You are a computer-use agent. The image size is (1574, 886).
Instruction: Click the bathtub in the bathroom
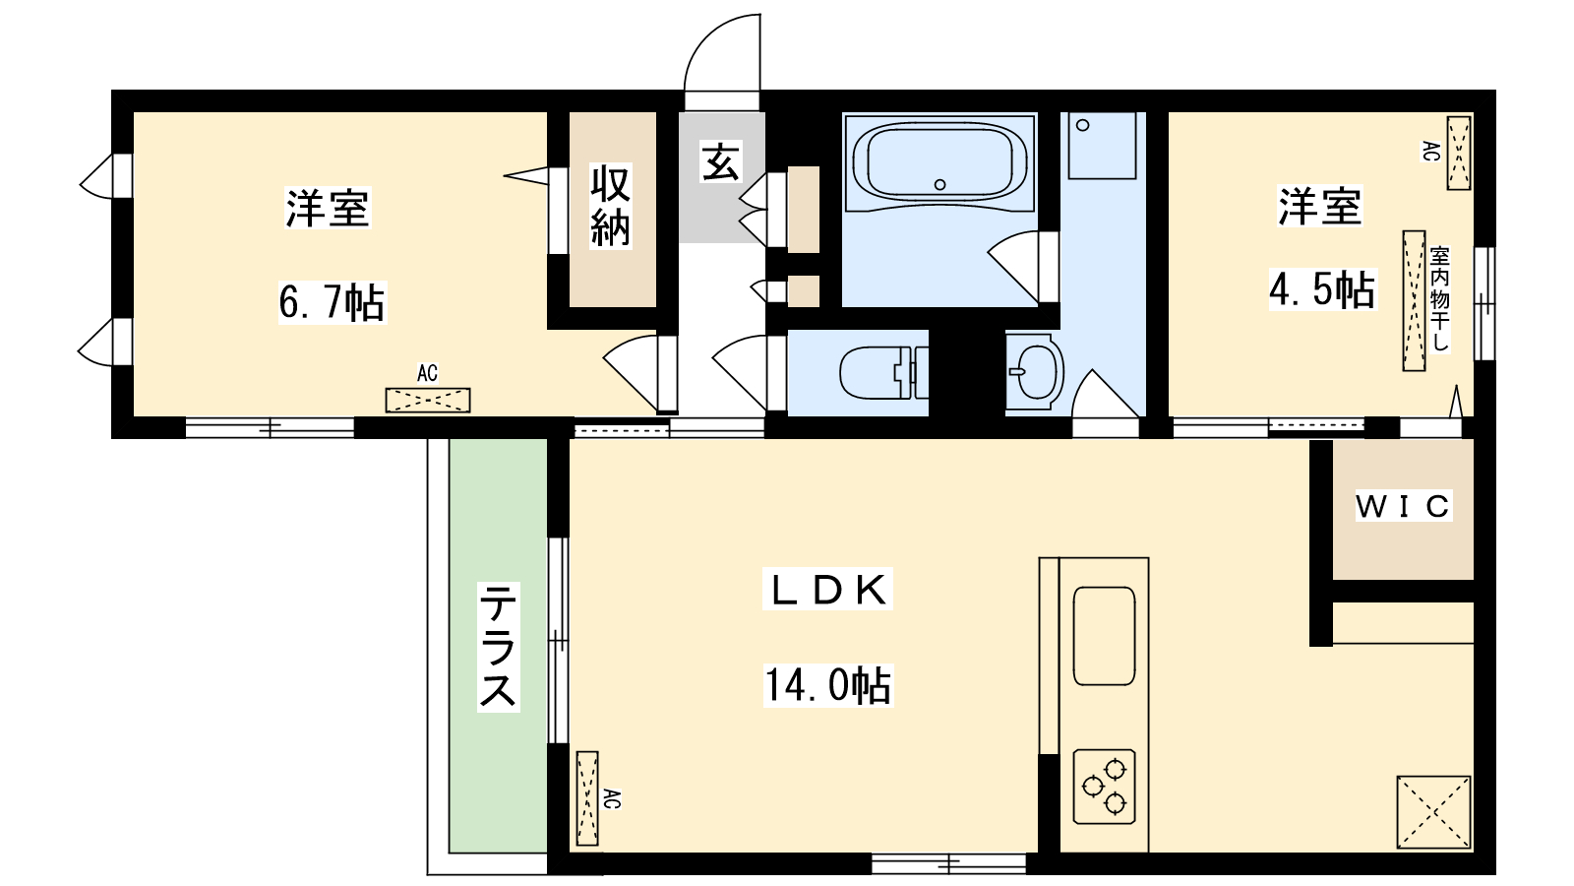pyautogui.click(x=939, y=161)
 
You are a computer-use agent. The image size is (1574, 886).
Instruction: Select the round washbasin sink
pyautogui.click(x=1034, y=372)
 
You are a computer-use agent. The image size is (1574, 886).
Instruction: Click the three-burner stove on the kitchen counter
pyautogui.click(x=1104, y=787)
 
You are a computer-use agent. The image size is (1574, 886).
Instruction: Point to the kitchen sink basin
pyautogui.click(x=1104, y=635)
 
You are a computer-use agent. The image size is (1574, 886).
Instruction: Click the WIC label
pyautogui.click(x=1402, y=506)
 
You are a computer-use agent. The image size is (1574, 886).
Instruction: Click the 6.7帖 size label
pyautogui.click(x=332, y=302)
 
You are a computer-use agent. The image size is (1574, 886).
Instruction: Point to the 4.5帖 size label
pyautogui.click(x=1321, y=290)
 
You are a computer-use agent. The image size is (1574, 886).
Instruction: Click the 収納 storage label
pyautogui.click(x=611, y=207)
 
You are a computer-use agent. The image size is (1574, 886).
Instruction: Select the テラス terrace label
pyautogui.click(x=498, y=646)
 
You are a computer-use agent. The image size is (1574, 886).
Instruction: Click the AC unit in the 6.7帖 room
pyautogui.click(x=427, y=400)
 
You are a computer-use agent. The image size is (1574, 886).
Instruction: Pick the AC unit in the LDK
pyautogui.click(x=587, y=797)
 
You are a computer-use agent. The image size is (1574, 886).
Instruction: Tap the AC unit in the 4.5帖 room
pyautogui.click(x=1458, y=153)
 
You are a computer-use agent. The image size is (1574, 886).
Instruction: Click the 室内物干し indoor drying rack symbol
pyautogui.click(x=1414, y=300)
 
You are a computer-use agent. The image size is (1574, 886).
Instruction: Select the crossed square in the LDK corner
pyautogui.click(x=1433, y=812)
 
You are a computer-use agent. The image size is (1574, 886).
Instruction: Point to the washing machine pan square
pyautogui.click(x=1102, y=145)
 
